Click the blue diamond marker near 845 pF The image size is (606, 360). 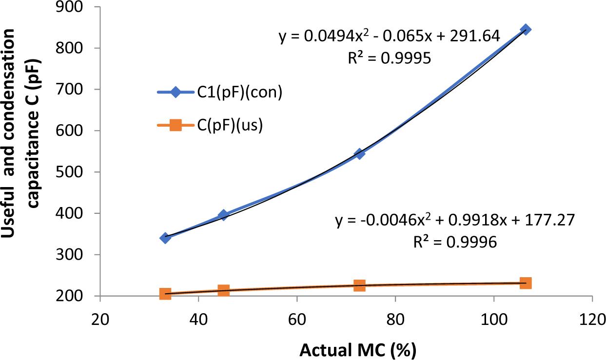525,29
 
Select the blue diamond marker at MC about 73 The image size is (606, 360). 359,153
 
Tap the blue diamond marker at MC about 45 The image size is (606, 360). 223,215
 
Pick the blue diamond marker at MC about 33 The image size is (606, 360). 165,238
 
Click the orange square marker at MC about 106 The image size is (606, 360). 525,283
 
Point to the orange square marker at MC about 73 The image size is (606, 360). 359,285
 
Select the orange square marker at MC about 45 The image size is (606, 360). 223,290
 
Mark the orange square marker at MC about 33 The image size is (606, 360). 165,294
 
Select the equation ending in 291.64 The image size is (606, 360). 389,37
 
